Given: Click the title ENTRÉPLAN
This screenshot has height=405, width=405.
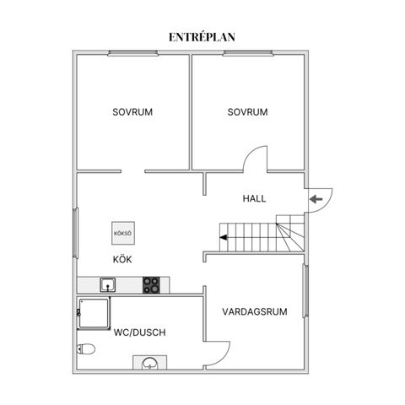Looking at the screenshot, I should [x=202, y=37].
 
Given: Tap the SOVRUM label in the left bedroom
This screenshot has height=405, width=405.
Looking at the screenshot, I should [x=133, y=112].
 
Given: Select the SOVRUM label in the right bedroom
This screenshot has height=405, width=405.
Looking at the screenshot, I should [x=247, y=112].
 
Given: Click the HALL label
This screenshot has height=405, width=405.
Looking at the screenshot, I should [x=254, y=199].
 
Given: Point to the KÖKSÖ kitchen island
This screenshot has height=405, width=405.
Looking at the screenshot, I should [x=122, y=232].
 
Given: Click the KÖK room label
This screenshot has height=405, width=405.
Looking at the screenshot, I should [x=122, y=259].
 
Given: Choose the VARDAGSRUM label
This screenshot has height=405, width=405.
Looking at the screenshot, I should [x=255, y=311].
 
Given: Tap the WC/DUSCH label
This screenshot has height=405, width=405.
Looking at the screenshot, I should [x=139, y=332].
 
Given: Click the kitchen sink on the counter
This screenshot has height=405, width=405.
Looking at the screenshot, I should [x=108, y=285].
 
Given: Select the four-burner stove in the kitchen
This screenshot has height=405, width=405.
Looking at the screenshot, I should [x=151, y=285].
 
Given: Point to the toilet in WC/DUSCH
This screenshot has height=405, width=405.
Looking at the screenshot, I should [x=86, y=348].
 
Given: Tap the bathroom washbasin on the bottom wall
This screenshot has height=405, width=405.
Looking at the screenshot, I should [x=150, y=364].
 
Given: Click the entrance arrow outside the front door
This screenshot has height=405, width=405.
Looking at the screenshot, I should [x=316, y=199].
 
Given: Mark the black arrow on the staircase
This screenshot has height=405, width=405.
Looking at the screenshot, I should [x=224, y=237].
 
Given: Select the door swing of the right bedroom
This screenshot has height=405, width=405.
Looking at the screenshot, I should [x=256, y=159].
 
